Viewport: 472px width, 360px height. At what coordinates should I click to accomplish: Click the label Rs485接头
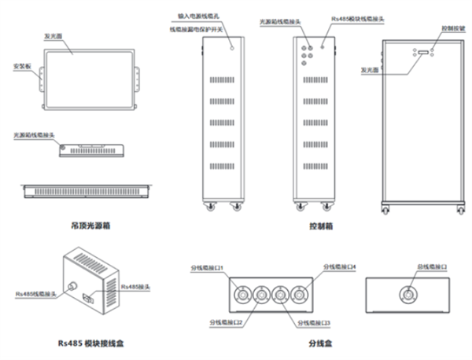(132, 289)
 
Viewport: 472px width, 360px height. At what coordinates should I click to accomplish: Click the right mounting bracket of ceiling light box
(141, 78)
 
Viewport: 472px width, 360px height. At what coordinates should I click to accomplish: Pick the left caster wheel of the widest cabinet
(385, 209)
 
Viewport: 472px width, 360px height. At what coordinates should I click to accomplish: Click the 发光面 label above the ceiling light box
(53, 37)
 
